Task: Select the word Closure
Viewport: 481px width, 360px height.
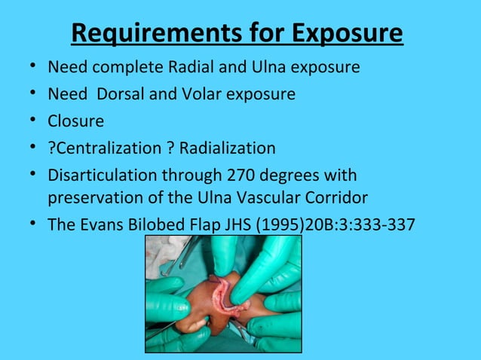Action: coord(75,121)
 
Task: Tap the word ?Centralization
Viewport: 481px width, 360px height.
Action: coord(104,148)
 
